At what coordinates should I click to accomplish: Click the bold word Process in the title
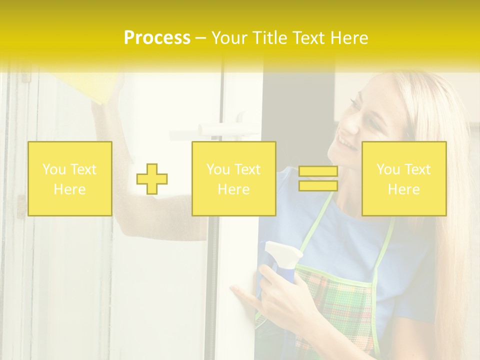pyautogui.click(x=157, y=38)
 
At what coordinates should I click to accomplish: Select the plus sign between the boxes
pyautogui.click(x=152, y=179)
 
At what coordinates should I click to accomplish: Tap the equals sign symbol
pyautogui.click(x=318, y=178)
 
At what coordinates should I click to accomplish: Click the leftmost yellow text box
pyautogui.click(x=70, y=178)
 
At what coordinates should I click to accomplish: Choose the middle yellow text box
pyautogui.click(x=233, y=178)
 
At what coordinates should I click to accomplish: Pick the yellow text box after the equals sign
pyautogui.click(x=404, y=178)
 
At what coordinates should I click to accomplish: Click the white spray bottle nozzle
pyautogui.click(x=282, y=250)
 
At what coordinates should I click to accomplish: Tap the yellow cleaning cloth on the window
pyautogui.click(x=105, y=87)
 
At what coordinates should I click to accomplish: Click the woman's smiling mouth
pyautogui.click(x=345, y=143)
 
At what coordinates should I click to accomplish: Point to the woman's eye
pyautogui.click(x=355, y=105)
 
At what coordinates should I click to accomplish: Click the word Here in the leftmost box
pyautogui.click(x=69, y=189)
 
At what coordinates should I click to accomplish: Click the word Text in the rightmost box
pyautogui.click(x=417, y=169)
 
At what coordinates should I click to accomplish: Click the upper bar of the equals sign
pyautogui.click(x=318, y=171)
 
